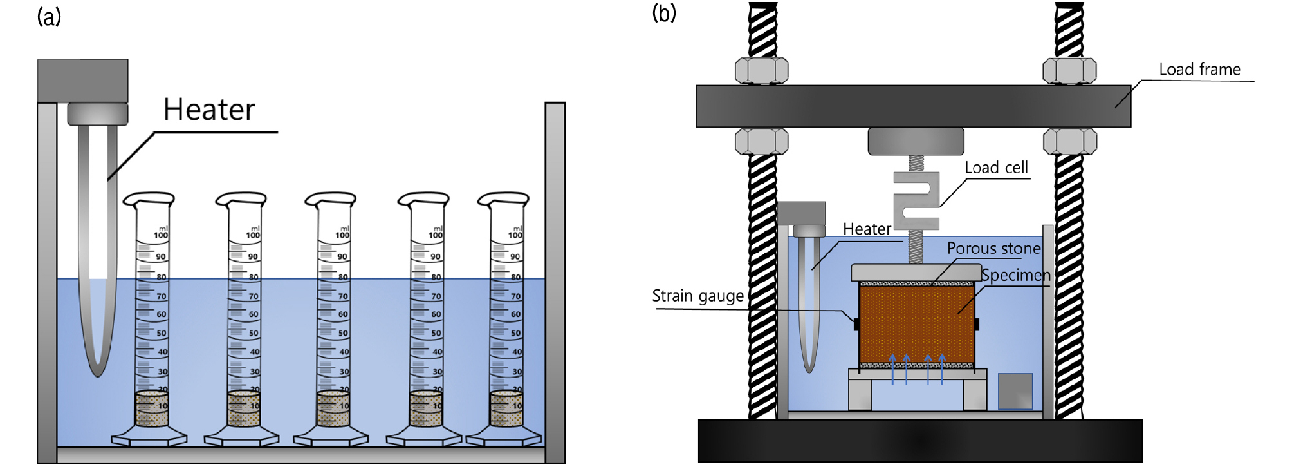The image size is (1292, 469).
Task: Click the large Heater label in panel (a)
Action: coord(209,110)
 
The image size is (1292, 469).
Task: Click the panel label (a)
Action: coord(49,17)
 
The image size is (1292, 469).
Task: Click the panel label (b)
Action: coord(664,13)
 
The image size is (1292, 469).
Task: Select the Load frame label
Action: coord(1199,70)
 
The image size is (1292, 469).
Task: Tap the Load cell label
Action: coord(996,167)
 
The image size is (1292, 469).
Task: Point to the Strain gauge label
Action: coord(697,296)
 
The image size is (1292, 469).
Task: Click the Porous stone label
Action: coord(993,248)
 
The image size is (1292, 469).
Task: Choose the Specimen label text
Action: coord(1015,275)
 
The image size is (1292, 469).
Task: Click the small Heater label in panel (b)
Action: coord(867,229)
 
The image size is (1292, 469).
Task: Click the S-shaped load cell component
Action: coord(916,200)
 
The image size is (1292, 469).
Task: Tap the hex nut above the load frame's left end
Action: coord(762,70)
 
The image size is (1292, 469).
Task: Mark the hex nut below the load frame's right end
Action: coord(1070,141)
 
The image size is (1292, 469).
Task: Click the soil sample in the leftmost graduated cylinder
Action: coord(152,408)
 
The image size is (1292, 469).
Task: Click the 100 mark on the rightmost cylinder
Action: coord(515,235)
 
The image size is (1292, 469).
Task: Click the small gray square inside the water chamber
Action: coord(1015,390)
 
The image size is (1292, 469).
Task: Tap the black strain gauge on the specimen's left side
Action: coord(856,323)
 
